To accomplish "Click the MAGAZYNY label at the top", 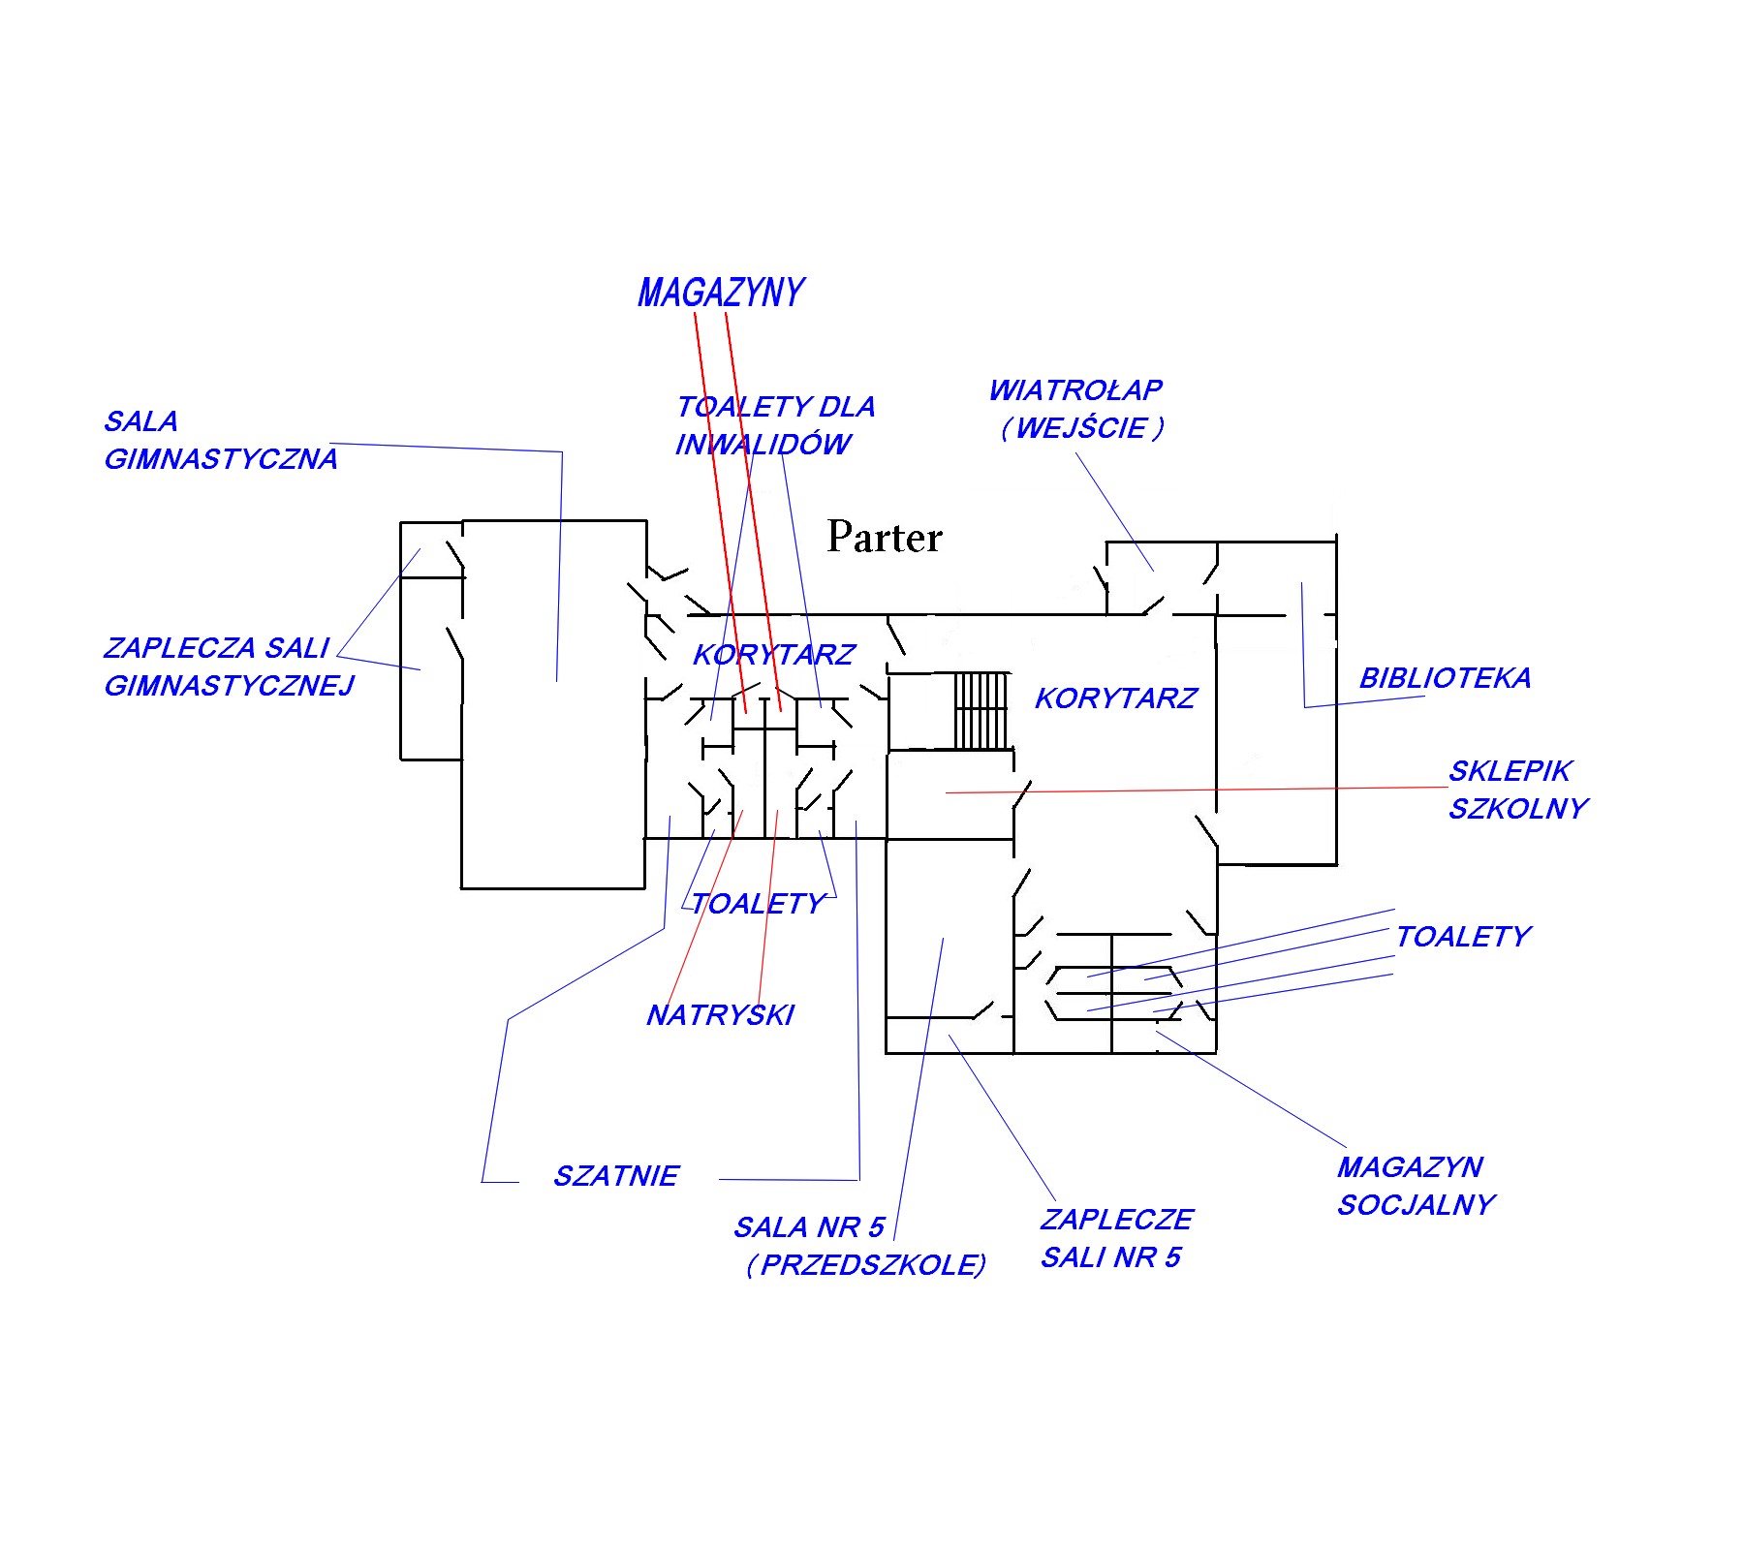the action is tap(721, 293).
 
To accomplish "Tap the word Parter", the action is tap(885, 537).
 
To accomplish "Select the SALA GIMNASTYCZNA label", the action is tap(221, 441).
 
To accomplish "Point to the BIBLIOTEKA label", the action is tap(1445, 678).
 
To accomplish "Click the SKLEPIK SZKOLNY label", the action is tap(1518, 790).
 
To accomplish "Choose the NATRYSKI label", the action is tap(720, 1015).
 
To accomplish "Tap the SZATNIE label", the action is tap(616, 1176).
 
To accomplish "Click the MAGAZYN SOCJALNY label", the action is tap(1417, 1186).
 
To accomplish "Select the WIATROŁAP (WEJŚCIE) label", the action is tap(1076, 409).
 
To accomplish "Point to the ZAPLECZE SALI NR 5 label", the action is tap(1116, 1238).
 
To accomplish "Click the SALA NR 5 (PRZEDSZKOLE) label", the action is tap(860, 1247).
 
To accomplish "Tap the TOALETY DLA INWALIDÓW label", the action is tap(775, 425).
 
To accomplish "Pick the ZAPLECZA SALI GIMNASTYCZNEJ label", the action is tap(229, 666).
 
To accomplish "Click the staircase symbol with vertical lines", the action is tap(981, 711).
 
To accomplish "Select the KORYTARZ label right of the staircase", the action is tap(1116, 698).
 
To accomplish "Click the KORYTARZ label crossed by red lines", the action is tap(774, 655).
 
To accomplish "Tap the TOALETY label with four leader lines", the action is tap(1463, 937).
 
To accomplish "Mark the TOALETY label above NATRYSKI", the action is tap(758, 904).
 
